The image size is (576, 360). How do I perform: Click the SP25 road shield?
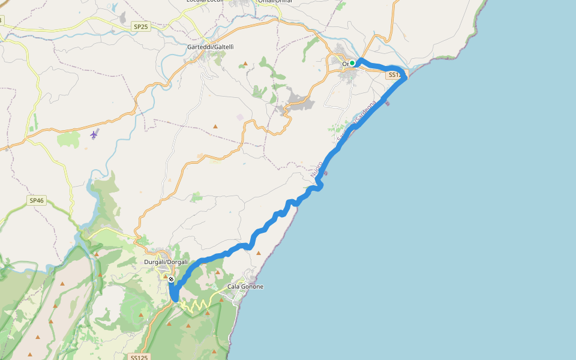coord(140,26)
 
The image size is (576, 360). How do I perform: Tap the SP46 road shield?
coord(37,200)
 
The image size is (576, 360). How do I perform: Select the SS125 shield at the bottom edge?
coord(138,357)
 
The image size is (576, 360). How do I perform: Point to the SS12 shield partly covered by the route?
coord(394,75)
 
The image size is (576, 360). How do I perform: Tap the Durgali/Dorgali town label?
coord(166,262)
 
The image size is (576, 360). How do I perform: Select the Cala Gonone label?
coord(245,287)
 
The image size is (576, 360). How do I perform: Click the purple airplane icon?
coord(94,134)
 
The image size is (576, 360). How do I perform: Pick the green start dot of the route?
coord(353,63)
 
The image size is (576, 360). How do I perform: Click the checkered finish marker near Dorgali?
coord(172,280)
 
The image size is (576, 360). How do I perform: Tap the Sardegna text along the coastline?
coord(365,113)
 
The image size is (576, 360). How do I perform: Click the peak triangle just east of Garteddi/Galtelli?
coord(245,64)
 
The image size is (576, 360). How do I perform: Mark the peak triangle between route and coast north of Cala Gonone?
coord(259,253)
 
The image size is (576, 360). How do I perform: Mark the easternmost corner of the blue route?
coord(406,77)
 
